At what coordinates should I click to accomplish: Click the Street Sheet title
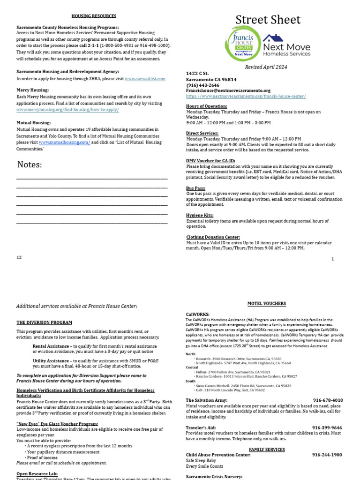click(268, 20)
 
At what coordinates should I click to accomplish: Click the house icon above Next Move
click(272, 38)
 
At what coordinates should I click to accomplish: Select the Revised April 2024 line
click(266, 67)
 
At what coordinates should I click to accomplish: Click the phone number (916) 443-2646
click(202, 85)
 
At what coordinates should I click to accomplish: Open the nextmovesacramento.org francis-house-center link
click(246, 96)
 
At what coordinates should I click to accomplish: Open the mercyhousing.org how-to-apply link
click(67, 109)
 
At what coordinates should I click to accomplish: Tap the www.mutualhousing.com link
click(64, 142)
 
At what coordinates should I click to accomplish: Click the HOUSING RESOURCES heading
click(94, 16)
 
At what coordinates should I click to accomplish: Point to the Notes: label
click(30, 165)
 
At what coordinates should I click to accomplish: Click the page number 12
click(19, 257)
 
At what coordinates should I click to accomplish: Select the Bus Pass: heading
click(195, 188)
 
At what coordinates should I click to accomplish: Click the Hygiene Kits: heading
click(199, 215)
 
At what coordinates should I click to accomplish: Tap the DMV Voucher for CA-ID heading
click(210, 160)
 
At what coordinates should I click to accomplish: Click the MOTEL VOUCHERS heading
click(267, 304)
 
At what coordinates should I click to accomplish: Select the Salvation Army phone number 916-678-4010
click(328, 400)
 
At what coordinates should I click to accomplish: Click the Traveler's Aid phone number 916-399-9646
click(327, 427)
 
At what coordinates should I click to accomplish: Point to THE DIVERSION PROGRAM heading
click(45, 322)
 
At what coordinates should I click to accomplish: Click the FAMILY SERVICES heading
click(267, 450)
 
